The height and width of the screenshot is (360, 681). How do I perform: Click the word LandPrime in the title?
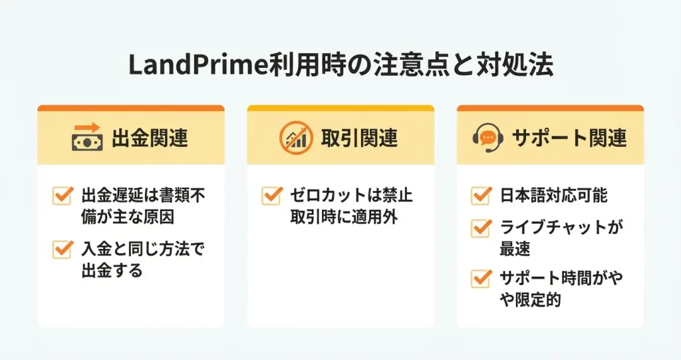pyautogui.click(x=198, y=66)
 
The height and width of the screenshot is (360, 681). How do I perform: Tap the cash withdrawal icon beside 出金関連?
pyautogui.click(x=87, y=137)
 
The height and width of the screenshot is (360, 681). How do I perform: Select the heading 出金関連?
pyautogui.click(x=150, y=138)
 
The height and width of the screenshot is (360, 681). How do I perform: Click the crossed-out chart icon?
pyautogui.click(x=296, y=137)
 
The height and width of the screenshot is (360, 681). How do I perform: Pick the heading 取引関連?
pyautogui.click(x=359, y=138)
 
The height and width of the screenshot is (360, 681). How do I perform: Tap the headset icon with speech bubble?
pyautogui.click(x=487, y=137)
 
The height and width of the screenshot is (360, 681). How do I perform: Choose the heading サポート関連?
pyautogui.click(x=569, y=138)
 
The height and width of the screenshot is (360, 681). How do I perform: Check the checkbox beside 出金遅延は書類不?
pyautogui.click(x=62, y=195)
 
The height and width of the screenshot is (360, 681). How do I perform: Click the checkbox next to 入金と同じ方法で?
pyautogui.click(x=62, y=249)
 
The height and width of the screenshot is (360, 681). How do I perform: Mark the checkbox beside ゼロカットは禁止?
pyautogui.click(x=271, y=195)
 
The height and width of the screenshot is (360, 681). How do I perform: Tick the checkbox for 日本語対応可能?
pyautogui.click(x=481, y=195)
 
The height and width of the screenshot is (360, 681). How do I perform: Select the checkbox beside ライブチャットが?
pyautogui.click(x=481, y=228)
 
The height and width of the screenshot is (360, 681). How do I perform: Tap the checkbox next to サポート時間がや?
pyautogui.click(x=481, y=278)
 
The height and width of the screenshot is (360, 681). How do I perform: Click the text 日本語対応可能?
pyautogui.click(x=553, y=195)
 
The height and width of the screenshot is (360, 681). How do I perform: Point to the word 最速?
pyautogui.click(x=515, y=249)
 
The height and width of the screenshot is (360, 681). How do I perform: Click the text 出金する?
pyautogui.click(x=112, y=270)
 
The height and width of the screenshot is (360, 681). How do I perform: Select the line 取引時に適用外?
pyautogui.click(x=344, y=216)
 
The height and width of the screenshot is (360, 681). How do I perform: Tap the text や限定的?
pyautogui.click(x=530, y=299)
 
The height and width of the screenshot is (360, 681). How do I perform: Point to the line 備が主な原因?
pyautogui.click(x=128, y=216)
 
